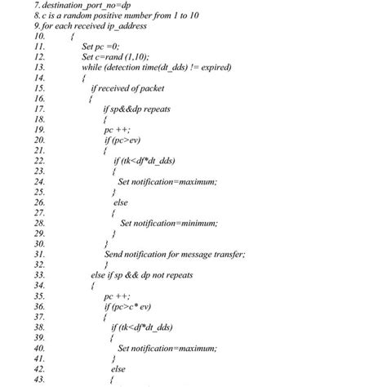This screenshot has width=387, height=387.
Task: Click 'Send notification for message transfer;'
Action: point(175,254)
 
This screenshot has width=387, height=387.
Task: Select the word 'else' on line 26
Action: point(120,202)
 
